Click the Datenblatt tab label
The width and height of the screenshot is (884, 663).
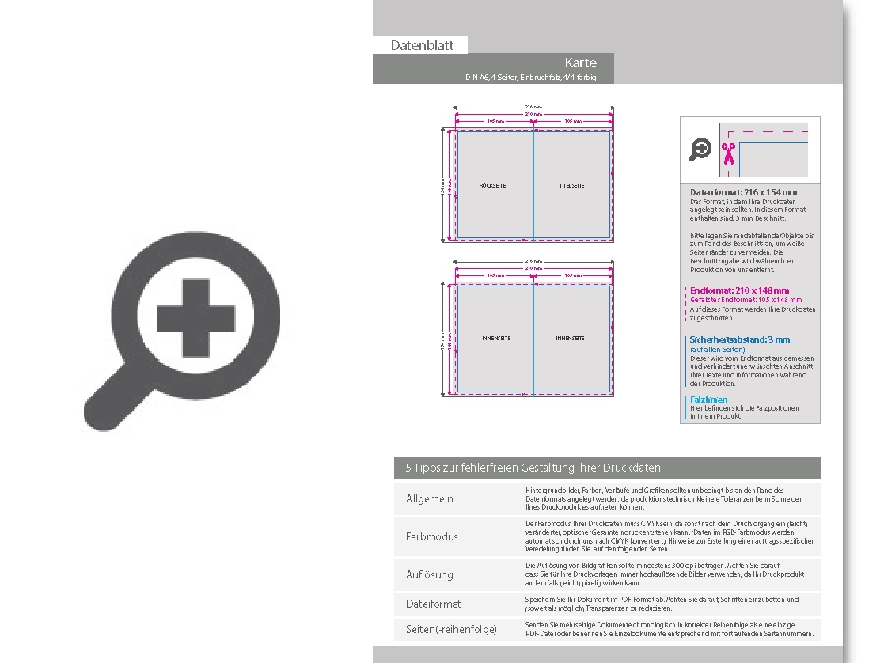coord(422,46)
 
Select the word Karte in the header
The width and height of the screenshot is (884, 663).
coord(580,63)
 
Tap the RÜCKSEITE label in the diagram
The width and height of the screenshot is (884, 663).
coord(492,186)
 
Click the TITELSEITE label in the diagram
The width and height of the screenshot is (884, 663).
coord(571,186)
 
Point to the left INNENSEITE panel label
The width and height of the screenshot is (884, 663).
coord(496,339)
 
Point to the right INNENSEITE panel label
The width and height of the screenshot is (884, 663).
coord(570,339)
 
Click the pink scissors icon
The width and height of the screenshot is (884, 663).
coord(728,153)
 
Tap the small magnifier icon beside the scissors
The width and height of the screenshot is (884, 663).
coord(700,149)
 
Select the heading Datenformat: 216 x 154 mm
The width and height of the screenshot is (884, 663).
coord(743,192)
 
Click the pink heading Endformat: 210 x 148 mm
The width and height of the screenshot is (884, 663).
coord(739,290)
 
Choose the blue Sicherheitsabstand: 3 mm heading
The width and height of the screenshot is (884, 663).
coord(739,339)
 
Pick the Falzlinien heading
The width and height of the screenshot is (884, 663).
coord(708,400)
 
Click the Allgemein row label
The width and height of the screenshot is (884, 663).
coord(430,499)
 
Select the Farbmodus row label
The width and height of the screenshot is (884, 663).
coord(431,537)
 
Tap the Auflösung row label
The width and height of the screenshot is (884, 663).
coord(430,574)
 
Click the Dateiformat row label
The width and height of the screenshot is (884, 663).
coord(433,604)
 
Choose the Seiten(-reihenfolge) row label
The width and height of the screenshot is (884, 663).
coord(451,629)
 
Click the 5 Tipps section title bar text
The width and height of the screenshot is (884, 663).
coord(533,468)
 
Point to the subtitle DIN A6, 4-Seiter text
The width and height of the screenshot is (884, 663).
coord(530,78)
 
